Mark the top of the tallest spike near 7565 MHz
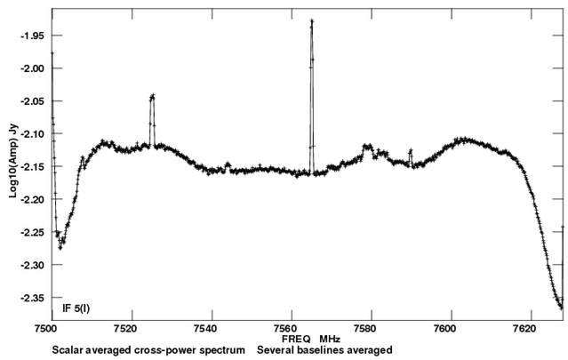pos(312,20)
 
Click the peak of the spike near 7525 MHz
pos(153,95)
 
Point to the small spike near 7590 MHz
pos(411,151)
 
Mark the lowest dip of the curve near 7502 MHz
pos(60,247)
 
